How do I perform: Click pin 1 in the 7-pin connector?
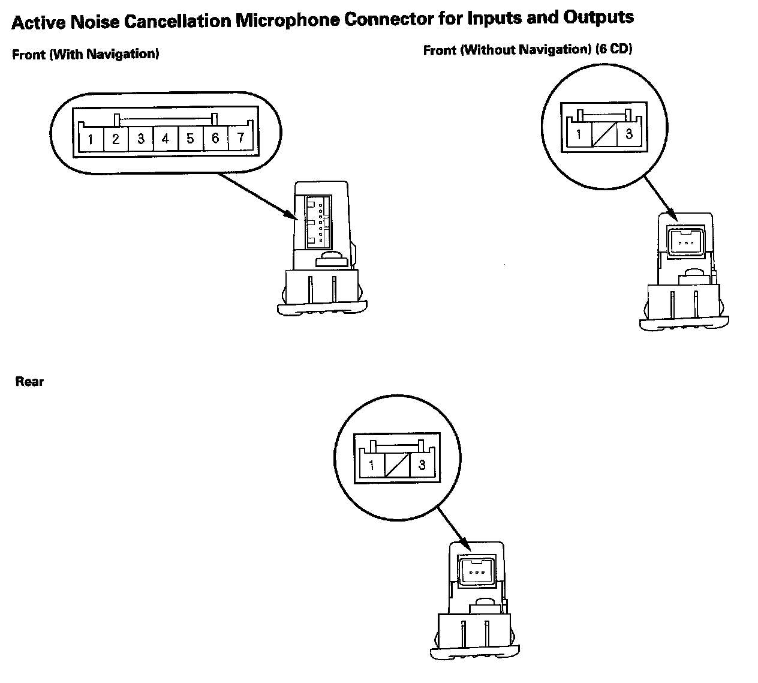coord(90,140)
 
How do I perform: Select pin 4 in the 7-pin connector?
coord(165,139)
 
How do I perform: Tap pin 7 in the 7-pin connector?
coord(240,138)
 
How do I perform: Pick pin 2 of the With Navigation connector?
coord(116,140)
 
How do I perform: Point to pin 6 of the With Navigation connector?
coord(215,139)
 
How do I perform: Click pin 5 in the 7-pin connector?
coord(190,139)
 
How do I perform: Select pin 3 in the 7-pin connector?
coord(140,139)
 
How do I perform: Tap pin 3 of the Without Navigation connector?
coord(629,134)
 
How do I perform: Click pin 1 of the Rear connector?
coord(372,465)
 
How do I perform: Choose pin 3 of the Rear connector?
coord(422,465)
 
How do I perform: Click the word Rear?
coord(29,381)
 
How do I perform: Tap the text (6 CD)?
coord(614,49)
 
